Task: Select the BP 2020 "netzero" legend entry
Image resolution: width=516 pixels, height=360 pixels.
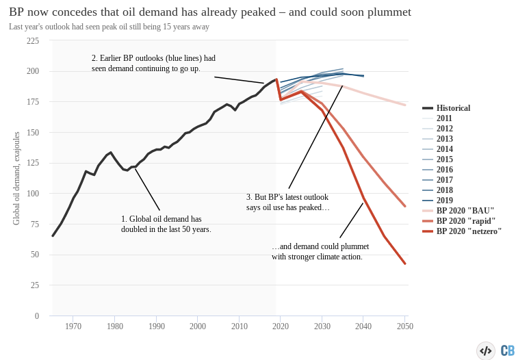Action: (469, 231)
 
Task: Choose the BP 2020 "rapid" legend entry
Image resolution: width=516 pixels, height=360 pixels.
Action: (466, 221)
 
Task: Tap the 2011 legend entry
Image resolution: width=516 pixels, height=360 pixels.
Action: (444, 118)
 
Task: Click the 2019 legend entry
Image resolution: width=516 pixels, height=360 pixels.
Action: (444, 201)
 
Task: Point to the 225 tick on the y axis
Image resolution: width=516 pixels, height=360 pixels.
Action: (33, 41)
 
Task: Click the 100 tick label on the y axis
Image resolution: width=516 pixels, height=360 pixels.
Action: (33, 194)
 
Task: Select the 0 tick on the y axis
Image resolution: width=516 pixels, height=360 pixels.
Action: (37, 316)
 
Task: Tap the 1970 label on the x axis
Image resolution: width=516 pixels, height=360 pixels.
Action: (73, 326)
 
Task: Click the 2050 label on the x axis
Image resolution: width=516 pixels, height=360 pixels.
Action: (405, 326)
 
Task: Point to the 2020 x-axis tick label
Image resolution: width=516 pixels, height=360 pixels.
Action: (281, 326)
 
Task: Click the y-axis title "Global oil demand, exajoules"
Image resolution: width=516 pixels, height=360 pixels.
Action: (16, 178)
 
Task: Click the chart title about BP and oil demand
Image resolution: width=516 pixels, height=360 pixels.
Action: (210, 12)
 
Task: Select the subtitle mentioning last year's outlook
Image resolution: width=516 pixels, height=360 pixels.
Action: (109, 27)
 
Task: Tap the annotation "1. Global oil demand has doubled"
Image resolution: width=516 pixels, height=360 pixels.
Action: (166, 224)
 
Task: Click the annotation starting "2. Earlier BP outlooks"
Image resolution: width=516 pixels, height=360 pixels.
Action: (153, 63)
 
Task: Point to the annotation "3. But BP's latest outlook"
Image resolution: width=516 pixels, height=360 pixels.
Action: (288, 202)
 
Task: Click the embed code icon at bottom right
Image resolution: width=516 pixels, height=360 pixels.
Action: (486, 350)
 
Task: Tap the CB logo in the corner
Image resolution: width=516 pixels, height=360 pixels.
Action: (507, 350)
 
